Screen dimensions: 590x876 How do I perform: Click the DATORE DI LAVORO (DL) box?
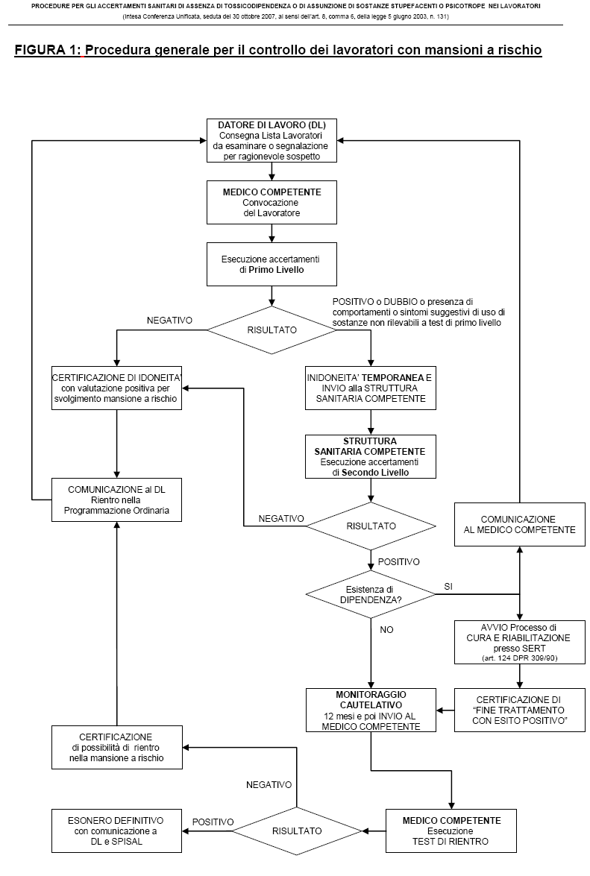pyautogui.click(x=272, y=141)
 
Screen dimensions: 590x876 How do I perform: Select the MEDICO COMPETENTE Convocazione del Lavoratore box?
pyautogui.click(x=272, y=202)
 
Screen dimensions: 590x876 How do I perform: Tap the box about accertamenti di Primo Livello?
pyautogui.click(x=272, y=264)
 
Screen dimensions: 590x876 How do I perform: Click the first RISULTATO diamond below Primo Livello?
pyautogui.click(x=272, y=330)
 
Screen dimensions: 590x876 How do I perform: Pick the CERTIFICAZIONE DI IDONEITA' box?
pyautogui.click(x=117, y=388)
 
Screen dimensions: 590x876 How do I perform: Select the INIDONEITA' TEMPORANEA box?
pyautogui.click(x=371, y=388)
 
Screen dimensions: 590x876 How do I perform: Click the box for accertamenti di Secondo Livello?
pyautogui.click(x=371, y=456)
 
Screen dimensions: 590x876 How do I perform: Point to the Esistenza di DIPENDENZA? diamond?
pyautogui.click(x=371, y=594)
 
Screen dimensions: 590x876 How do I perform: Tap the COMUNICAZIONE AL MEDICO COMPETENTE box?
pyautogui.click(x=520, y=525)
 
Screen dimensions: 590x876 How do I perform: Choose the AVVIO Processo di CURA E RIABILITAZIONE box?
pyautogui.click(x=520, y=643)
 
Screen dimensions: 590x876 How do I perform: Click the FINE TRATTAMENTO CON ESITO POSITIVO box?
pyautogui.click(x=520, y=710)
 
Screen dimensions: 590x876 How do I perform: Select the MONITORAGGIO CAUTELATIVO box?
pyautogui.click(x=371, y=710)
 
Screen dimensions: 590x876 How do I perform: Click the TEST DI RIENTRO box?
pyautogui.click(x=451, y=831)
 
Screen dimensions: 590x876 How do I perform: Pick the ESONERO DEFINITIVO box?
pyautogui.click(x=117, y=831)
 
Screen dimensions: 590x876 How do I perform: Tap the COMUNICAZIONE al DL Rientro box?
pyautogui.click(x=117, y=500)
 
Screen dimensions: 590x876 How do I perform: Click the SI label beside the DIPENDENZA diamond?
pyautogui.click(x=448, y=587)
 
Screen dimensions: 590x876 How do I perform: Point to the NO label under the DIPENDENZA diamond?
pyautogui.click(x=386, y=630)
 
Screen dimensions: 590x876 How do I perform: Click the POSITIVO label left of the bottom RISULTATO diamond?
pyautogui.click(x=213, y=822)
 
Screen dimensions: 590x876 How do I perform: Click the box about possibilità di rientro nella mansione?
pyautogui.click(x=117, y=748)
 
